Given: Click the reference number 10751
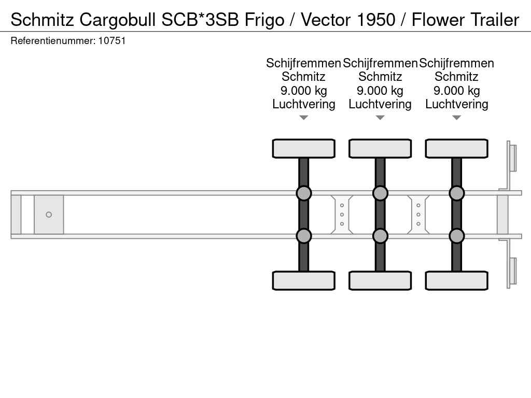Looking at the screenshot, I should [111, 40].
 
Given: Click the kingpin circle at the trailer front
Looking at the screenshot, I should [49, 215].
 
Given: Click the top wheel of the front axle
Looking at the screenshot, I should [303, 148].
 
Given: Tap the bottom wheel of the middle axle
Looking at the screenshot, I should [380, 280].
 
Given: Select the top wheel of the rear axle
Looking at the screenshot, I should [456, 148].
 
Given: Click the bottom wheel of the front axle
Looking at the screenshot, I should [303, 280].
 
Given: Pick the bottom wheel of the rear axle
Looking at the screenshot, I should [456, 280].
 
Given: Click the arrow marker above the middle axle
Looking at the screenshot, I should [380, 118].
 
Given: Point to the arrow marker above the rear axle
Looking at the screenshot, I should [456, 118].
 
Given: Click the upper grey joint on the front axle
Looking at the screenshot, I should [303, 193].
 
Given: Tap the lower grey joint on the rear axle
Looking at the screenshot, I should [456, 236].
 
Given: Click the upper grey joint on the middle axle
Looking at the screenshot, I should [380, 193].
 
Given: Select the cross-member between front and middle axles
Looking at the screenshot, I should [342, 215].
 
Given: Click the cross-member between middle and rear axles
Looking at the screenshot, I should [418, 215].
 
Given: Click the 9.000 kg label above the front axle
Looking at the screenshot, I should [303, 91].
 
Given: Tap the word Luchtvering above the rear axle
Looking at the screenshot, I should [456, 104].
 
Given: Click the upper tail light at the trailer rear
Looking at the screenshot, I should [512, 158].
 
